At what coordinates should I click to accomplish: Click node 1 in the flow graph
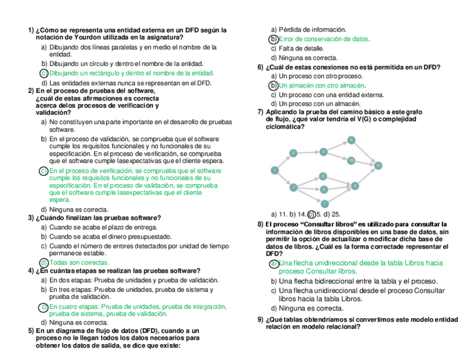point(274,170)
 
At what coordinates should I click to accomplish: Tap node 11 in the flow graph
point(378,165)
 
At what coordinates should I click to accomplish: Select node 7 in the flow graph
point(324,203)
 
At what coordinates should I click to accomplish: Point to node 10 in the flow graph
point(351,160)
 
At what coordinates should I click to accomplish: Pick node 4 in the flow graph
point(324,151)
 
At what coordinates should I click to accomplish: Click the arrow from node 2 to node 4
point(308,152)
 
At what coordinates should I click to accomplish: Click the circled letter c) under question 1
point(43,73)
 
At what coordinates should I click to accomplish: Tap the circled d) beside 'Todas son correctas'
point(44,263)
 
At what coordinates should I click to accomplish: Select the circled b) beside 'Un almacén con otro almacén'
point(273,85)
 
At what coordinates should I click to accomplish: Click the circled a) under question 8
point(274,263)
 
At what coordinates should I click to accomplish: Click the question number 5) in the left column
point(31,331)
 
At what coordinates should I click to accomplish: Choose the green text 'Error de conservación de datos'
point(324,39)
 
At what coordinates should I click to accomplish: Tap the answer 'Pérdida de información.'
point(312,29)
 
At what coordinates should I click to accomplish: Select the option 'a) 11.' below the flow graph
point(280,214)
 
